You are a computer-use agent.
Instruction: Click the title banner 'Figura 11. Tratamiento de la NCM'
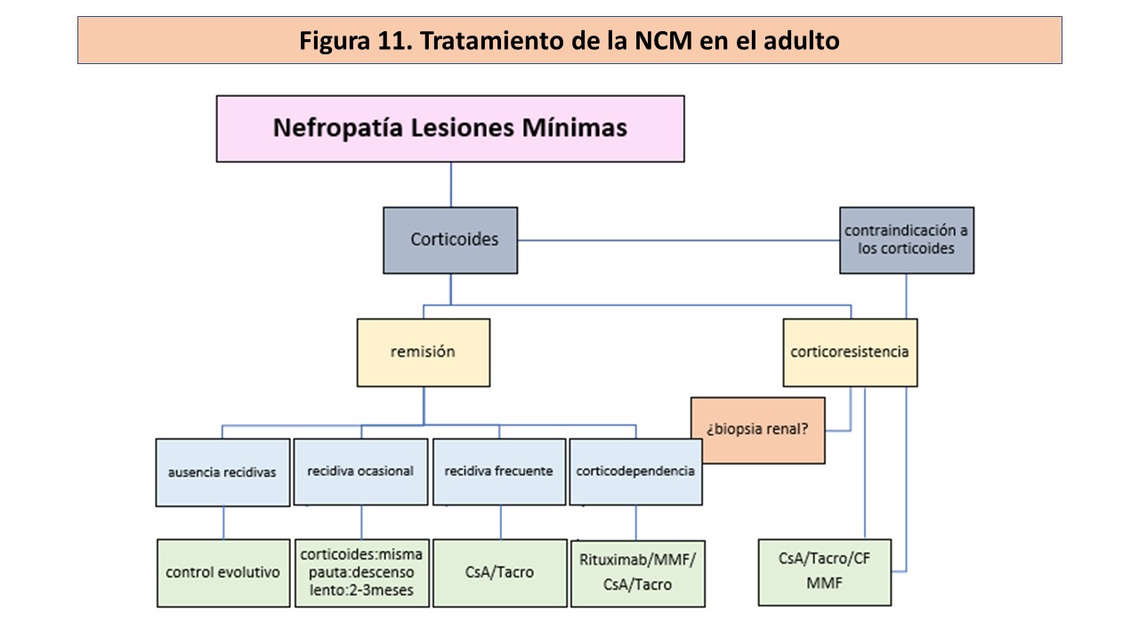(569, 41)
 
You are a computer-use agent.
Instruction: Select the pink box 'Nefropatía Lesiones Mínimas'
(450, 128)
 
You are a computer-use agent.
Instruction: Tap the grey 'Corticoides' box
(450, 239)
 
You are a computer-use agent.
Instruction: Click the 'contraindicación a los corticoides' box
(906, 239)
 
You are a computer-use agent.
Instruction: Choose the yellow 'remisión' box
(423, 352)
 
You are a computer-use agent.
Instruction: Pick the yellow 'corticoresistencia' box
(850, 352)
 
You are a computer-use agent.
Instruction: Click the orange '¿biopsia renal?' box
(757, 430)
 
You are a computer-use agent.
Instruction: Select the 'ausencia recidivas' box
(222, 472)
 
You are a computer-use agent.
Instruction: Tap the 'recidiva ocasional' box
(360, 472)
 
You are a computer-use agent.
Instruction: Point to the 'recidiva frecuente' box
(498, 472)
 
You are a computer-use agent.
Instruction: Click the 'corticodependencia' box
(635, 472)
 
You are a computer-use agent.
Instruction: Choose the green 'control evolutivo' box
(222, 572)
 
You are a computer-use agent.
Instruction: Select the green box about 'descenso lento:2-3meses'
(361, 572)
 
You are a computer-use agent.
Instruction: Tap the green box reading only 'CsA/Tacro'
(499, 572)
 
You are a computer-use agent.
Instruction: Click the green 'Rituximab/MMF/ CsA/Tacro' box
(637, 572)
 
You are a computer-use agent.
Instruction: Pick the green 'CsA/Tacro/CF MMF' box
(824, 572)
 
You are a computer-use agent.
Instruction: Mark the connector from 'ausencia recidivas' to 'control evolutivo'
(222, 523)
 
